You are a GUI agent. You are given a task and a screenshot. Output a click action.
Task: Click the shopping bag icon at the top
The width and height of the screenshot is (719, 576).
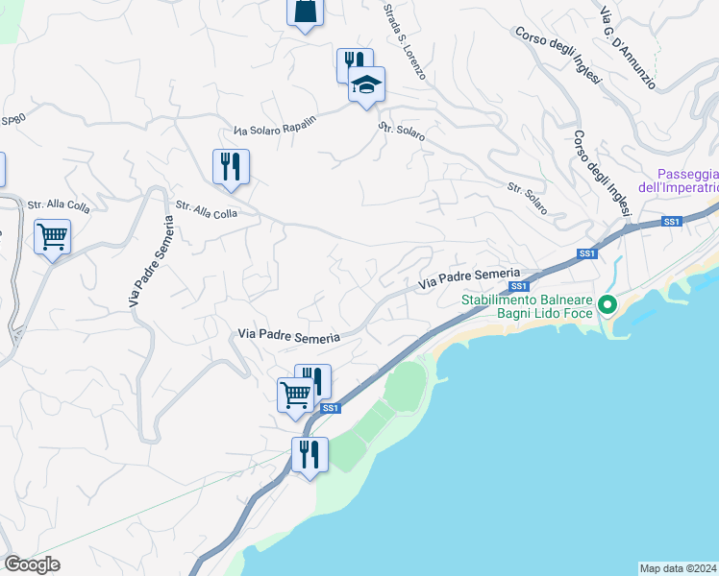(x=305, y=12)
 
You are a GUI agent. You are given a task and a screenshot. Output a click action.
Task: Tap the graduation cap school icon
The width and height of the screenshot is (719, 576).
(x=366, y=85)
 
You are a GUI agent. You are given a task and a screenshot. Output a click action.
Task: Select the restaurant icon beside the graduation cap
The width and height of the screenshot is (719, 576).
(x=352, y=64)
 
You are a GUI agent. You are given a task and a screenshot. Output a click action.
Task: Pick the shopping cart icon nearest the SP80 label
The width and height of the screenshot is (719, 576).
(x=52, y=235)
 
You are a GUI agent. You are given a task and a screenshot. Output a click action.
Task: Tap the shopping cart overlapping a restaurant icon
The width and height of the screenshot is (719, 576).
(x=295, y=393)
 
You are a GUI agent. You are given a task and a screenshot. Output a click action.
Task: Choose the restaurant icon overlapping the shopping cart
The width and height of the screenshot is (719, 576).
(x=314, y=379)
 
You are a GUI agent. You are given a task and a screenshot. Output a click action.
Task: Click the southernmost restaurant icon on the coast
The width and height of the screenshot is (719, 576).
(x=310, y=454)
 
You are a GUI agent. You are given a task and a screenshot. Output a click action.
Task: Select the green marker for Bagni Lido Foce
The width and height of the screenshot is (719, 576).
(x=607, y=306)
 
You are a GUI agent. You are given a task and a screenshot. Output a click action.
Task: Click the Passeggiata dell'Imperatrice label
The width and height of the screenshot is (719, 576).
(x=686, y=180)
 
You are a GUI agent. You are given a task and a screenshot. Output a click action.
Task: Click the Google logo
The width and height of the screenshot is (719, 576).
(x=32, y=564)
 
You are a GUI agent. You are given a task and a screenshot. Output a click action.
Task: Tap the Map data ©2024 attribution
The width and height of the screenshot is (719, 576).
(x=679, y=567)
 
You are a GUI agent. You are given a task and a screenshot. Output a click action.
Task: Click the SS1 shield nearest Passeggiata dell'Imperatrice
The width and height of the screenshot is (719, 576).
(x=671, y=222)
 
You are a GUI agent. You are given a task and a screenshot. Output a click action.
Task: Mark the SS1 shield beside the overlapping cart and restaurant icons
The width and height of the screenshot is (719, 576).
(x=330, y=408)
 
